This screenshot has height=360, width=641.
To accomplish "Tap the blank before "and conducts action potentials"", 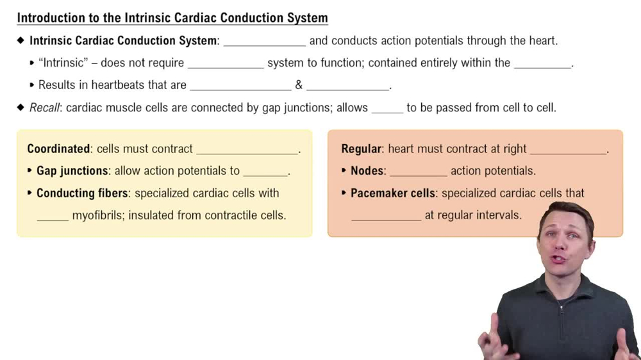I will point(264,42).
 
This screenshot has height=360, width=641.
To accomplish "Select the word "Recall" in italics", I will point(44,108).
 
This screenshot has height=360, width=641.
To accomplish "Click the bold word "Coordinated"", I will point(58,149).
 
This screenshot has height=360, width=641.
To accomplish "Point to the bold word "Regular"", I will point(362,149).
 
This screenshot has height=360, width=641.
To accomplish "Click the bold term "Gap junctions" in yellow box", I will point(72,171).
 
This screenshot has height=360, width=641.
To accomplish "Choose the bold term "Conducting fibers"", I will point(83,193).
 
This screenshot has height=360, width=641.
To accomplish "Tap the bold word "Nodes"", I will point(367,171).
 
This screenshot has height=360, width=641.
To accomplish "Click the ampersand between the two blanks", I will point(299,85).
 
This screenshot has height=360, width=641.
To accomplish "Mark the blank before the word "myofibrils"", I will point(53,217).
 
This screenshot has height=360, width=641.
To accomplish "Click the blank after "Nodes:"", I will point(418,172).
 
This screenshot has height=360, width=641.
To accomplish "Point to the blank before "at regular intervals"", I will point(386,217).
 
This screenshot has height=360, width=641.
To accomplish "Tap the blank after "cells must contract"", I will point(247,150).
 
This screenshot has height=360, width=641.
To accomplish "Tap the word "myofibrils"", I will point(98,215).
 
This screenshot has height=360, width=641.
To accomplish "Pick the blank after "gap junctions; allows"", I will point(387,109).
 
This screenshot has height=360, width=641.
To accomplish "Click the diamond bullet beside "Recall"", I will point(21,108).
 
